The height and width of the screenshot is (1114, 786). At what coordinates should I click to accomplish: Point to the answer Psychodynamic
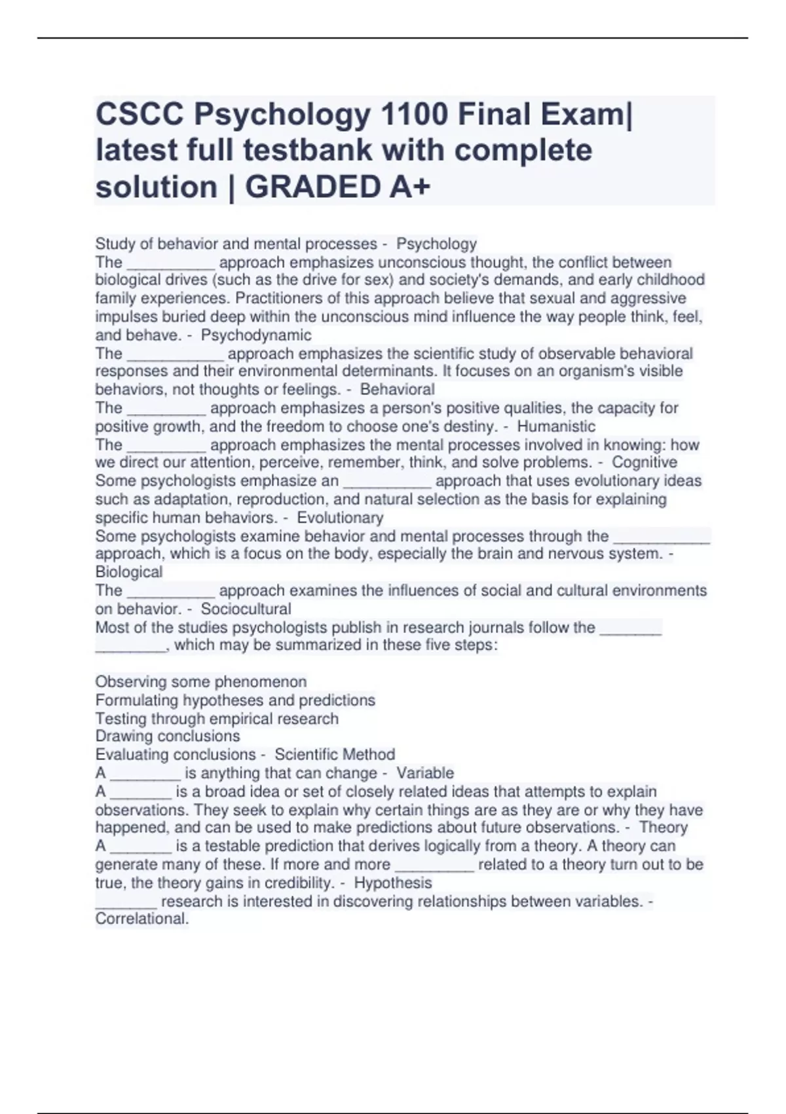[x=256, y=336]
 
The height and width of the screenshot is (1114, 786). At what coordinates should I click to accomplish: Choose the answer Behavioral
[x=398, y=389]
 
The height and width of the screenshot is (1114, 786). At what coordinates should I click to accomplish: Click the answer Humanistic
[x=556, y=427]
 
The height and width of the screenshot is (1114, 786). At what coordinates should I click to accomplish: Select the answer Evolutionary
[x=340, y=518]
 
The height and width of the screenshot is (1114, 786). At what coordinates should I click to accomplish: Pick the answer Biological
[x=129, y=572]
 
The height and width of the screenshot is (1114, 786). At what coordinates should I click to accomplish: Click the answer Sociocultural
[x=246, y=609]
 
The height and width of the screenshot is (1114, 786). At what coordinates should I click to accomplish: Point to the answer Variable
[x=425, y=773]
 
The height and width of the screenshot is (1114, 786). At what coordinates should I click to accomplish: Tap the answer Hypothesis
[x=393, y=883]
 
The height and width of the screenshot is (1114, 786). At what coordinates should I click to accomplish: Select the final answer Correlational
[x=142, y=919]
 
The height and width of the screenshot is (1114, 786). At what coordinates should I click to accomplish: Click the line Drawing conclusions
[x=168, y=736]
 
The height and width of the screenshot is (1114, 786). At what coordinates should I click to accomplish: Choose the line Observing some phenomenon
[x=201, y=682]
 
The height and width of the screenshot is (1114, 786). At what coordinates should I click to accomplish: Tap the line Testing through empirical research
[x=217, y=718]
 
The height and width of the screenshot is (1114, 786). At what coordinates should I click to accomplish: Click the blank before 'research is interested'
[x=126, y=903]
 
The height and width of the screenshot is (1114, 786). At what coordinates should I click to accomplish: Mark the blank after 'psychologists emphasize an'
[x=387, y=482]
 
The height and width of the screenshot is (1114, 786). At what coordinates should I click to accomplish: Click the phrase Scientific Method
[x=335, y=754]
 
